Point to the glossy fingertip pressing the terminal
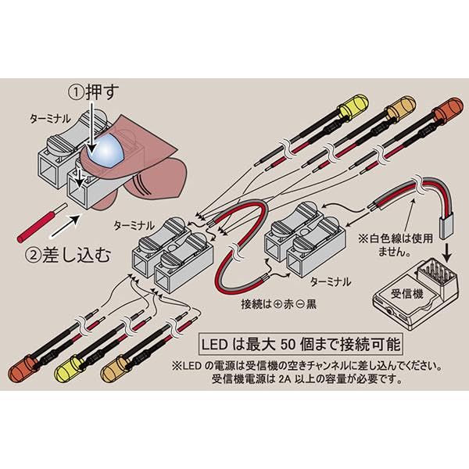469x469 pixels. tap(106, 149)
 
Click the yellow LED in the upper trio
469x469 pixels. tap(356, 106)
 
